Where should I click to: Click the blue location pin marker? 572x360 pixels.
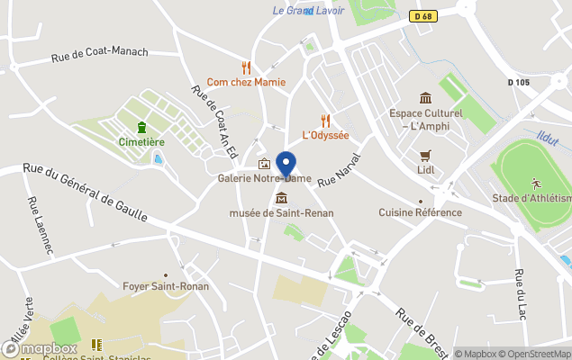[286, 166]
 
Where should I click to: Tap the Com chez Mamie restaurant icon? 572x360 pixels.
[246, 67]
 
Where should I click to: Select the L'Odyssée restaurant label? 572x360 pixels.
[325, 135]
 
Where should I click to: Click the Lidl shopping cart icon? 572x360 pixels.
[425, 155]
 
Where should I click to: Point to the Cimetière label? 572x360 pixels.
[141, 142]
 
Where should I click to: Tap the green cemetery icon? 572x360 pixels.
[141, 128]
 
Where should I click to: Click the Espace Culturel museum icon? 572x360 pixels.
[425, 98]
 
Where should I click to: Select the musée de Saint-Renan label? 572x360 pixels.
[282, 212]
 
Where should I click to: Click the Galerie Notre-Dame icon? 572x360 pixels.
[264, 164]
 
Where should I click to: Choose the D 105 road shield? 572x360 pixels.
[519, 82]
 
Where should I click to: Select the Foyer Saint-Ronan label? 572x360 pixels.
[165, 287]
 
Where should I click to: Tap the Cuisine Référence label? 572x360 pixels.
[420, 212]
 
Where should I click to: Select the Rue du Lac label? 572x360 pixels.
[522, 292]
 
